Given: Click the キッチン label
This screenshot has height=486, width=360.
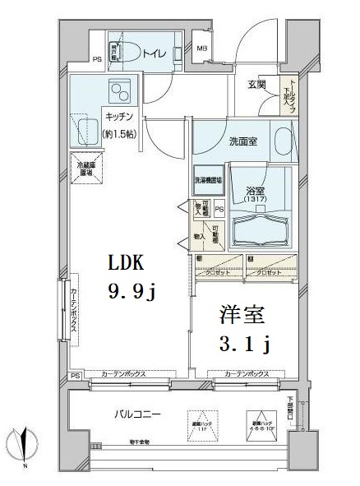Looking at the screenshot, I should pos(118,116).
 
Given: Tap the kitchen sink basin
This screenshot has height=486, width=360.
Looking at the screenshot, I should pos(87,128).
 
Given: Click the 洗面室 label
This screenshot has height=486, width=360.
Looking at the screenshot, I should pos(242,141).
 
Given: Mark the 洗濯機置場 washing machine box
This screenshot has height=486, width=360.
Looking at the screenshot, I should pos(208,179).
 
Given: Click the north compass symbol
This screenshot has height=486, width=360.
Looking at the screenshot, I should pos(24,445).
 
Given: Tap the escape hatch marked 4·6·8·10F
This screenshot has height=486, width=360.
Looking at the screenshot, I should pos(258,422).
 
